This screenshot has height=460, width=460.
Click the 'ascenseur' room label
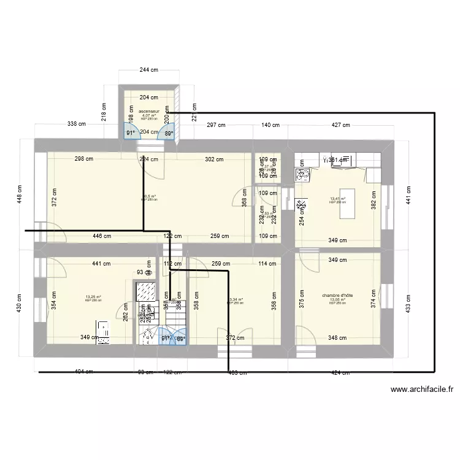[x=148, y=112]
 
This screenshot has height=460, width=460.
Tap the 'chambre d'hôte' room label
[x=337, y=296]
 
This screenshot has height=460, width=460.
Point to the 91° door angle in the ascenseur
[x=131, y=132]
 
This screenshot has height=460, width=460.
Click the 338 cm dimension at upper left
[x=77, y=125]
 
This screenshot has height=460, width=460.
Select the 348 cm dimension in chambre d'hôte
[x=337, y=338]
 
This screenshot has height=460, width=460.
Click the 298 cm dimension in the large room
[x=83, y=159]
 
